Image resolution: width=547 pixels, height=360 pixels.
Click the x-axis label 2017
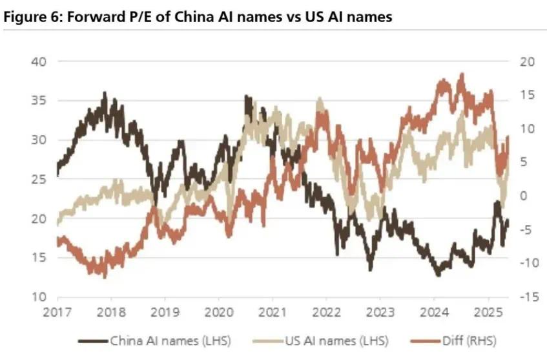click(x=56, y=312)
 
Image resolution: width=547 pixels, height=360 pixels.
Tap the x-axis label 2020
click(x=218, y=312)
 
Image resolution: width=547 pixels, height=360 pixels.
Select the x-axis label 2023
click(x=380, y=312)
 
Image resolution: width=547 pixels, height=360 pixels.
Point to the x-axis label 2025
click(x=488, y=312)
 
